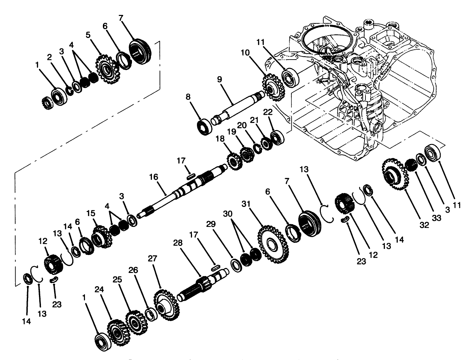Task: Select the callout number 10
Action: tap(245, 53)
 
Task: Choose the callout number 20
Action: tap(242, 125)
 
